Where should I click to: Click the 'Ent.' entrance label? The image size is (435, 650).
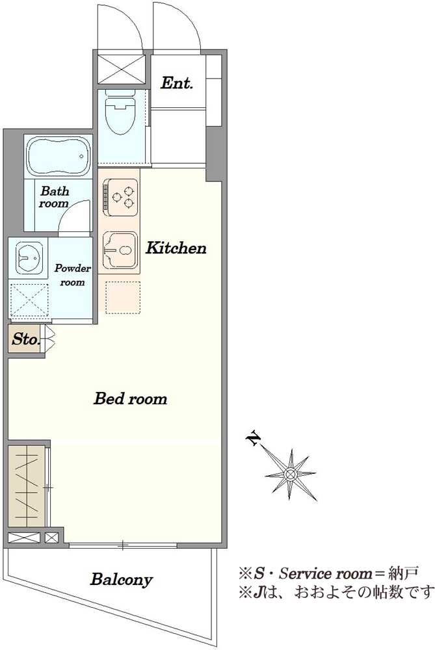pos(177,83)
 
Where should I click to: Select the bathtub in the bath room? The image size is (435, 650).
pos(59,157)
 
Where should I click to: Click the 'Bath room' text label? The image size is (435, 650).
pos(55,198)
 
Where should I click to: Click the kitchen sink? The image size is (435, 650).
pos(120,250)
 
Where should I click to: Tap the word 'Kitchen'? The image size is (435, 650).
pos(176,248)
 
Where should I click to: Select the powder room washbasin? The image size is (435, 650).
pos(29,258)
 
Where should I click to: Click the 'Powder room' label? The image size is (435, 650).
pos(73,275)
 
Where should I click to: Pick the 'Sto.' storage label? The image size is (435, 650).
pos(25,339)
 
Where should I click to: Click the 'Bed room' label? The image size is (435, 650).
pos(130,398)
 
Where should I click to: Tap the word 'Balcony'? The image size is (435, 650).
pos(122,580)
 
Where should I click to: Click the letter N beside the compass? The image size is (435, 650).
pos(254,439)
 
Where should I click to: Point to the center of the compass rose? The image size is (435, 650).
pos(291,474)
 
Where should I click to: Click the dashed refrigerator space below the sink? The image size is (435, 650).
pos(122,297)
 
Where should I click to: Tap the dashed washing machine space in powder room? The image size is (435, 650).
pos(29,300)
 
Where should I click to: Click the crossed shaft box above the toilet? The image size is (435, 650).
pos(121,70)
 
